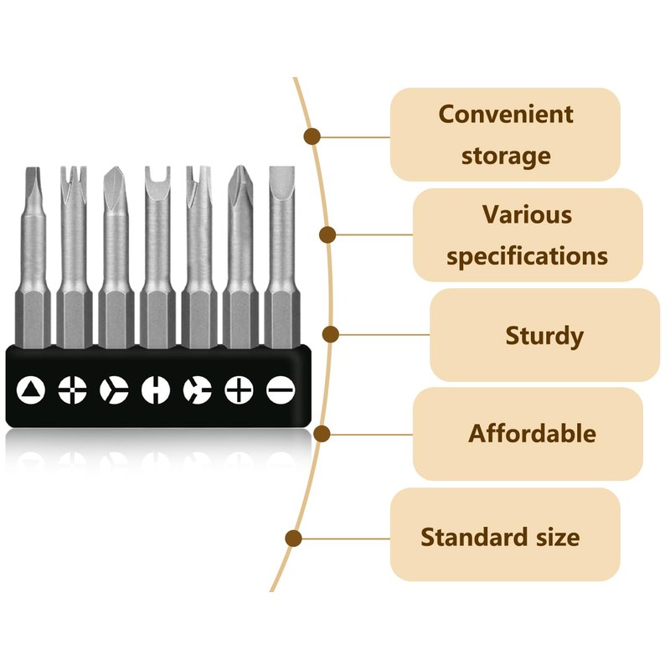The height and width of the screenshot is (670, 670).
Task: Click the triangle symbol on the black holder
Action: (x=31, y=390)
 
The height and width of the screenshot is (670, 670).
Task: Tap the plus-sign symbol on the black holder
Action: (x=239, y=389)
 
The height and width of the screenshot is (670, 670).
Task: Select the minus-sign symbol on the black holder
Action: (x=281, y=389)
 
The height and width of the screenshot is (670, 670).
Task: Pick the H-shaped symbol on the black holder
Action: (x=156, y=389)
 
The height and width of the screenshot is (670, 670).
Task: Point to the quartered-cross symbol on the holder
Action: (x=72, y=389)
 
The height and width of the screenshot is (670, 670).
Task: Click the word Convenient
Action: (x=506, y=115)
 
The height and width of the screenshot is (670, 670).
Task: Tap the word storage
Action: (x=506, y=156)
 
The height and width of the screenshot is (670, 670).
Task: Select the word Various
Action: (x=527, y=214)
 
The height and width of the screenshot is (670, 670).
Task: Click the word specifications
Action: (x=527, y=256)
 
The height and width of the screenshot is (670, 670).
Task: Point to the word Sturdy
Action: (x=544, y=336)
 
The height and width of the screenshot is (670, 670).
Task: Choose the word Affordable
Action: (x=532, y=433)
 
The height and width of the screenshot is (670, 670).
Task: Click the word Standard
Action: (x=474, y=537)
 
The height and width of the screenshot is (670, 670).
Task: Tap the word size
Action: (x=558, y=537)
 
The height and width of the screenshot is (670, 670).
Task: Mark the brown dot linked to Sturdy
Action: (x=330, y=334)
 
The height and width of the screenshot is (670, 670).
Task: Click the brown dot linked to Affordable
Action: (x=322, y=434)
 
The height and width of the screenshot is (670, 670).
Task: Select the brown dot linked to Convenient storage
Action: (x=312, y=137)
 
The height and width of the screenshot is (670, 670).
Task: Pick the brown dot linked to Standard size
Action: (x=294, y=539)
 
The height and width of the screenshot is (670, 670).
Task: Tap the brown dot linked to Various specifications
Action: (x=327, y=235)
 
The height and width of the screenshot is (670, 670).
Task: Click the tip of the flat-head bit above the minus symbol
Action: (x=281, y=167)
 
